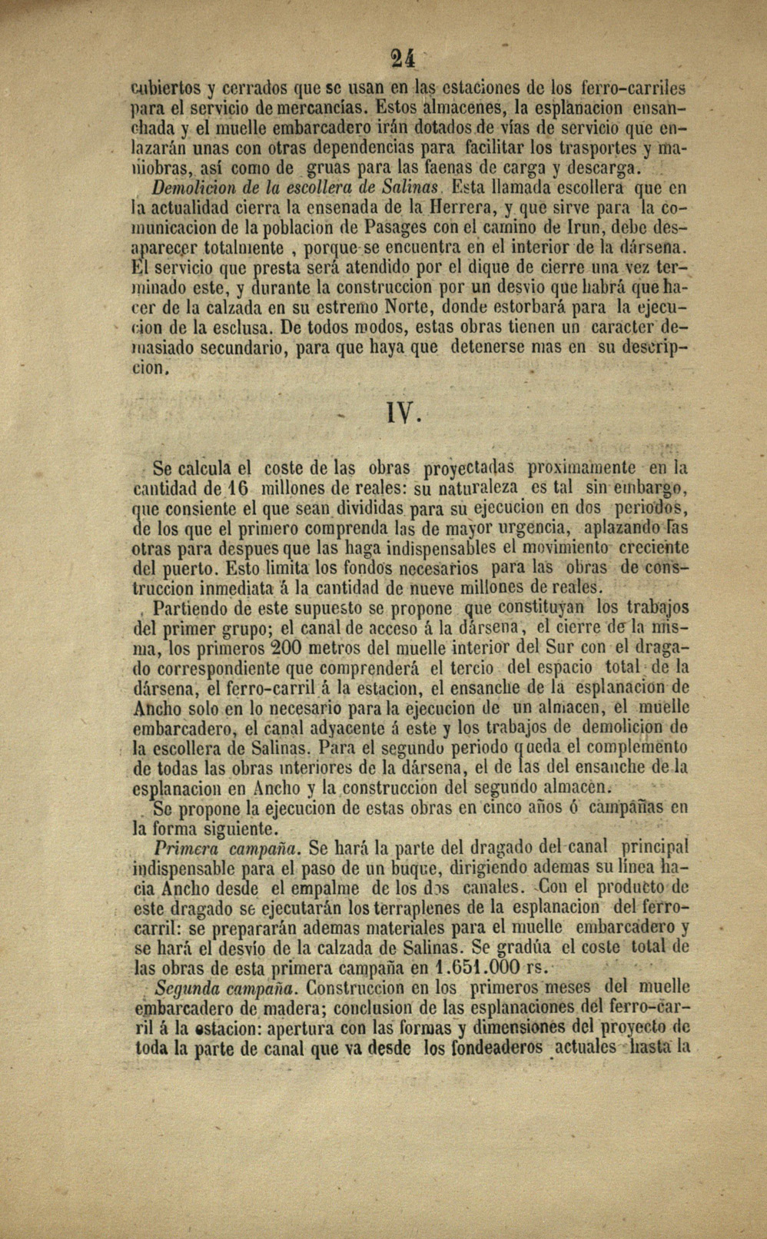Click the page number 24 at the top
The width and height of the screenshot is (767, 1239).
[402, 58]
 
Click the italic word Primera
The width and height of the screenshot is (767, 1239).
[185, 848]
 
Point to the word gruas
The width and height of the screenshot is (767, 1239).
[328, 168]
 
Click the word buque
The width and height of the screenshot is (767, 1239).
[417, 868]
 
